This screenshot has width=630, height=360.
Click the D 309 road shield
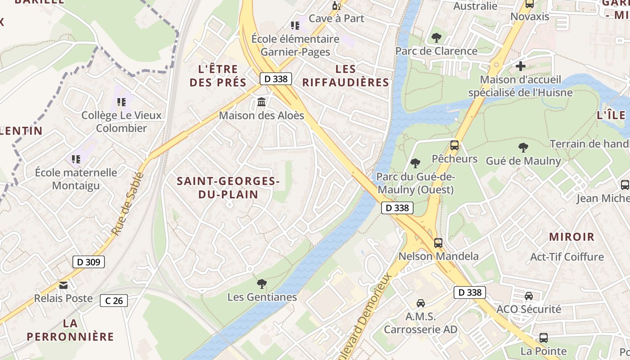pyautogui.click(x=88, y=262)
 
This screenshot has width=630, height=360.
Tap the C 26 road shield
pyautogui.click(x=114, y=301)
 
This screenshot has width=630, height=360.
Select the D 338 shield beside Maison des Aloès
pyautogui.click(x=276, y=79)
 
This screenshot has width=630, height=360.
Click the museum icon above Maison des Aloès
pyautogui.click(x=261, y=103)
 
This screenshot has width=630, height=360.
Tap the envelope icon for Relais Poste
pyautogui.click(x=63, y=285)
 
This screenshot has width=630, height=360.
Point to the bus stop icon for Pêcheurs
pyautogui.click(x=454, y=145)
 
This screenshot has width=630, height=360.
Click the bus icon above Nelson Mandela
pyautogui.click(x=438, y=243)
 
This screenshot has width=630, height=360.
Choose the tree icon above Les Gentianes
pyautogui.click(x=261, y=283)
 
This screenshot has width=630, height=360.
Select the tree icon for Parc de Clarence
pyautogui.click(x=436, y=38)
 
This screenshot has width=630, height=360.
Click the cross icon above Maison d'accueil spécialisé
pyautogui.click(x=521, y=66)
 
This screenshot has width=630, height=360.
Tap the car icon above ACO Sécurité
pyautogui.click(x=529, y=296)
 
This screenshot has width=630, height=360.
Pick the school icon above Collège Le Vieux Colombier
pyautogui.click(x=121, y=102)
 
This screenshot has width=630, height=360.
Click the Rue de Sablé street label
pyautogui.click(x=127, y=204)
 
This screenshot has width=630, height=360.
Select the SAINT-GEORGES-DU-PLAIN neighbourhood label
pyautogui.click(x=228, y=188)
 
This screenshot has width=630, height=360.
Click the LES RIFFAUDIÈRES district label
pyautogui.click(x=346, y=76)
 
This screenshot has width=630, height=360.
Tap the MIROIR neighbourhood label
pyautogui.click(x=571, y=237)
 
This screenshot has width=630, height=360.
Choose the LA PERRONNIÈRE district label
pyautogui.click(x=70, y=330)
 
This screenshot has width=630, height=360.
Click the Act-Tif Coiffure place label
pyautogui.click(x=567, y=257)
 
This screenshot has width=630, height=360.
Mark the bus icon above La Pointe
pyautogui.click(x=543, y=337)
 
